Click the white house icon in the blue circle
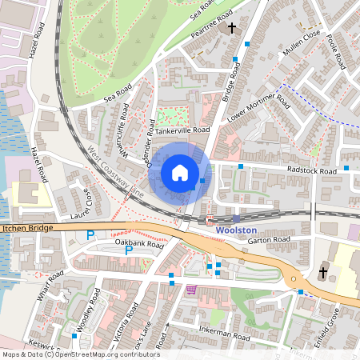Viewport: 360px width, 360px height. pos(180,173)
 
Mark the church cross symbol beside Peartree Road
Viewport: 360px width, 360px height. pos(232,29)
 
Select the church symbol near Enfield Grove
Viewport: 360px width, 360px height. pos(323,272)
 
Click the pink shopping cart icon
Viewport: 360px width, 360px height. pos(191,290)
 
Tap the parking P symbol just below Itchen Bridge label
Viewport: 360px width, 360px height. pos(90,235)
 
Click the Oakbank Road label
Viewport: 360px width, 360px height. pos(138,242)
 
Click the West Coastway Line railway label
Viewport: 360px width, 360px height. pos(116,172)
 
